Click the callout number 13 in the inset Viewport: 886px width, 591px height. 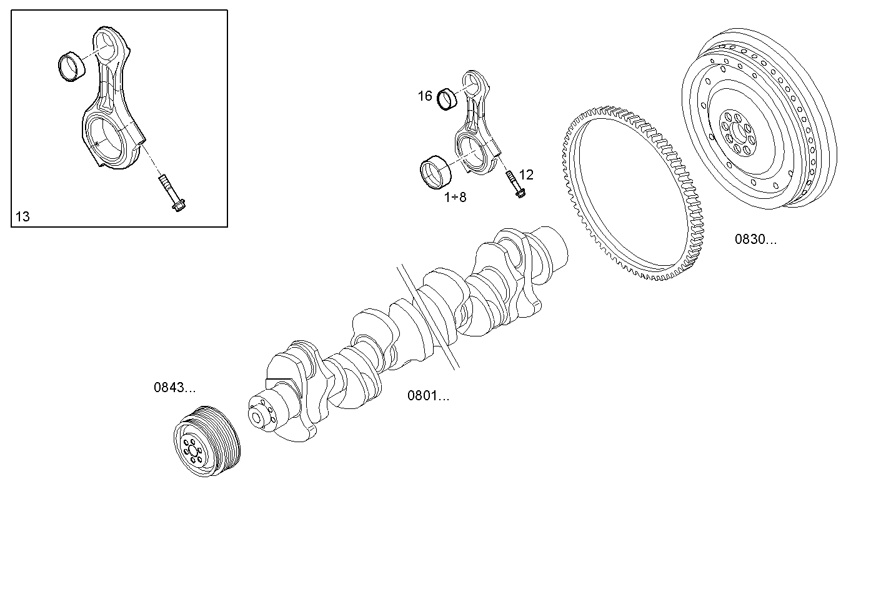[x=22, y=217]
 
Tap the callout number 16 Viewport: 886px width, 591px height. [x=425, y=96]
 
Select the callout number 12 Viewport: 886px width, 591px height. [x=526, y=174]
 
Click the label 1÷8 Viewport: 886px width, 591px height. [x=455, y=198]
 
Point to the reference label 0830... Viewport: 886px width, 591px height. [x=755, y=239]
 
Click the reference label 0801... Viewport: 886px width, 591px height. [x=428, y=395]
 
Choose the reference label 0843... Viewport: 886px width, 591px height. [x=174, y=387]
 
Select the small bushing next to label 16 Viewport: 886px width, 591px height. [x=447, y=99]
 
